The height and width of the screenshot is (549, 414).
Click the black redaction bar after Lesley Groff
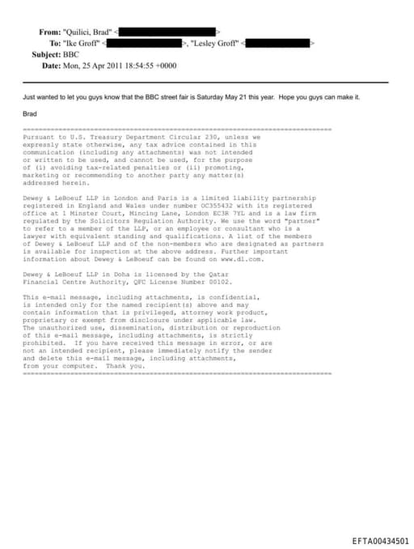(278, 42)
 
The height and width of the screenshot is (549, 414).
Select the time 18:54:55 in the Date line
(150, 65)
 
